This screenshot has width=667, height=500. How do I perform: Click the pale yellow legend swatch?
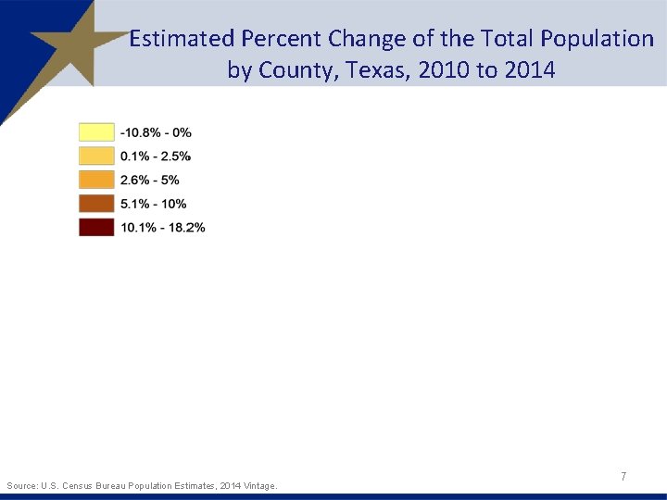[x=96, y=132]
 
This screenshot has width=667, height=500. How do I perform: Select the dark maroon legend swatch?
[x=96, y=227]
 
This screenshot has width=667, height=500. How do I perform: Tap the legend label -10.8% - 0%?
[x=156, y=132]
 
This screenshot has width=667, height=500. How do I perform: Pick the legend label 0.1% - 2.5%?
[x=156, y=156]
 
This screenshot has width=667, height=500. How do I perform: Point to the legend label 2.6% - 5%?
[x=149, y=180]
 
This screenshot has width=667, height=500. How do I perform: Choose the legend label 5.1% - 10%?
[x=153, y=204]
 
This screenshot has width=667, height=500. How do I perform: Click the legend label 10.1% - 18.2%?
[x=162, y=227]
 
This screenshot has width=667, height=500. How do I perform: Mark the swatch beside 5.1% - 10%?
[x=96, y=204]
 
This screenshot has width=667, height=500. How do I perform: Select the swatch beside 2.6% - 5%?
[x=96, y=180]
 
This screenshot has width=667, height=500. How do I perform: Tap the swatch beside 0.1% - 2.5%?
[x=96, y=156]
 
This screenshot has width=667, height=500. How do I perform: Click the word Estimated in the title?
[x=182, y=39]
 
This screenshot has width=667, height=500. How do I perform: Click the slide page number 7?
[x=623, y=476]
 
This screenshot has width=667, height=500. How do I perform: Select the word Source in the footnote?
[x=21, y=485]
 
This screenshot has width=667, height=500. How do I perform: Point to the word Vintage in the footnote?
[x=257, y=485]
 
